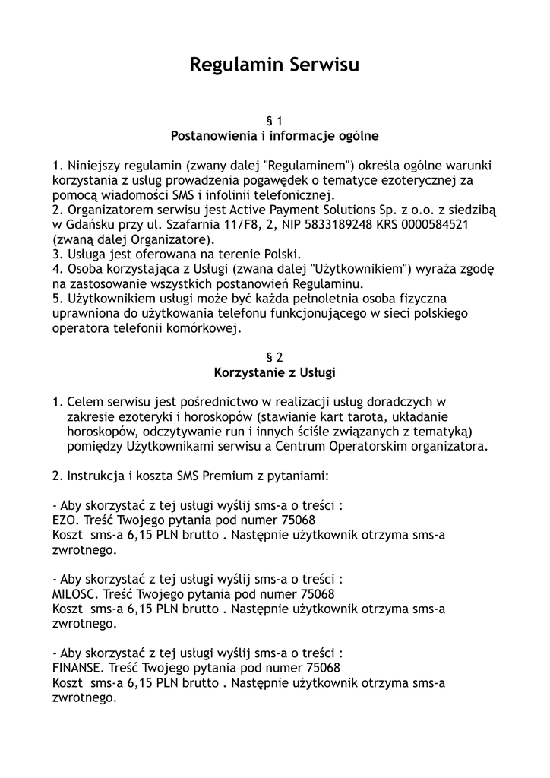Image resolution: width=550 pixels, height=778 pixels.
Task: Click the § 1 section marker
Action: (274, 121)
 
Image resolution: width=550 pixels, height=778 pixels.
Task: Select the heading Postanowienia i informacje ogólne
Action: (274, 136)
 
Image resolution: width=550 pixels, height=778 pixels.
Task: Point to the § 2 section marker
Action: (274, 356)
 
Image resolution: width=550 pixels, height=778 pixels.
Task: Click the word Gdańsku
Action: (90, 225)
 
